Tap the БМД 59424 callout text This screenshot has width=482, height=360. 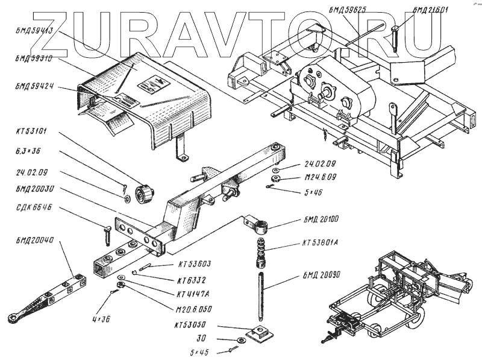pyautogui.click(x=34, y=86)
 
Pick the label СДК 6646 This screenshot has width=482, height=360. pyautogui.click(x=35, y=208)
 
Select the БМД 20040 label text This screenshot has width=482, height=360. pyautogui.click(x=36, y=240)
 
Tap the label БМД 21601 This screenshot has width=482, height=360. pyautogui.click(x=431, y=10)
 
